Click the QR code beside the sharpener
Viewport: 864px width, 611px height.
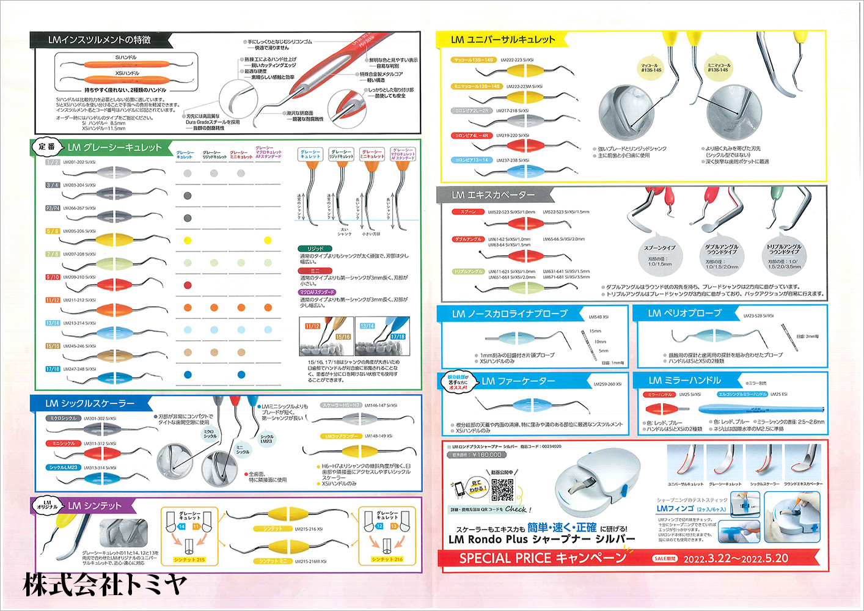(502, 489)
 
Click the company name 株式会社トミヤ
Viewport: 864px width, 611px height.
(104, 585)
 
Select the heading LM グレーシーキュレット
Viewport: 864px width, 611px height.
(114, 147)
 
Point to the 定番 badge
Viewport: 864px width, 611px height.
(47, 147)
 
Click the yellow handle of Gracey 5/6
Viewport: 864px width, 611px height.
(114, 238)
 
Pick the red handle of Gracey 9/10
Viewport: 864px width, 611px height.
(114, 284)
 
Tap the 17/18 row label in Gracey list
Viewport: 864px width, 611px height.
(53, 369)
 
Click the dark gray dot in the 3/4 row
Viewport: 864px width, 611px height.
(188, 196)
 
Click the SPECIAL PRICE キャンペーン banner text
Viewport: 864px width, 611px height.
(543, 558)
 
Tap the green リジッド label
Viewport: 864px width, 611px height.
(315, 249)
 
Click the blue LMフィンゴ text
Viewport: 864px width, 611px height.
(675, 508)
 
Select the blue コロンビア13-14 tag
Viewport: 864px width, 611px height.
(471, 160)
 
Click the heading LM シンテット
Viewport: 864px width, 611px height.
(95, 506)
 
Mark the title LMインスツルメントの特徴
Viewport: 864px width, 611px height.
(99, 40)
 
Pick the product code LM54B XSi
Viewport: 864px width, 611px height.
(598, 317)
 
